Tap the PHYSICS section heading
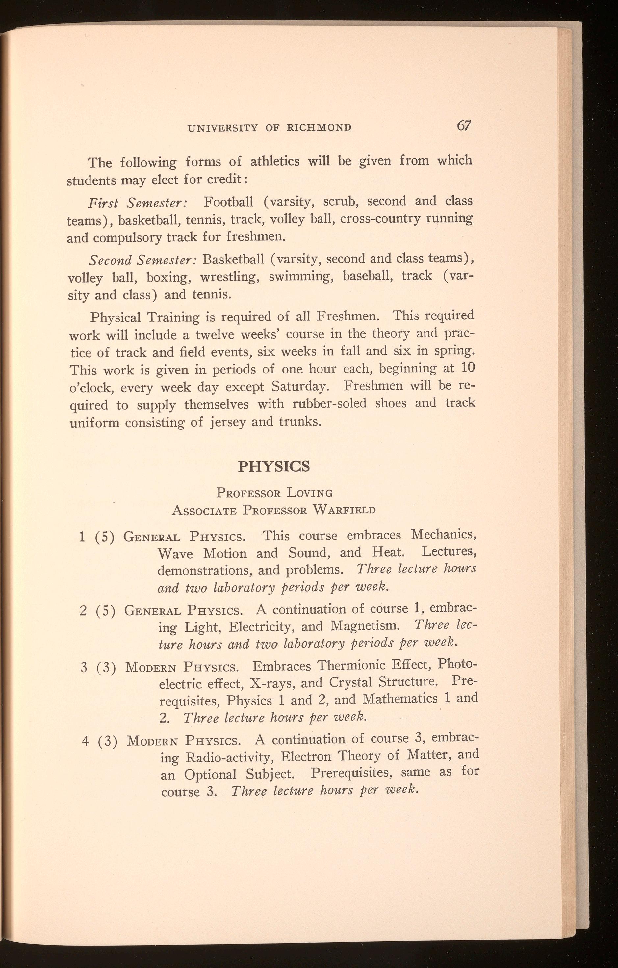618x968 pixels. [274, 466]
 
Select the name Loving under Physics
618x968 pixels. [309, 492]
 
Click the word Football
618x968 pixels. [228, 201]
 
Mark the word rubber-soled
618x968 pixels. [330, 403]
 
